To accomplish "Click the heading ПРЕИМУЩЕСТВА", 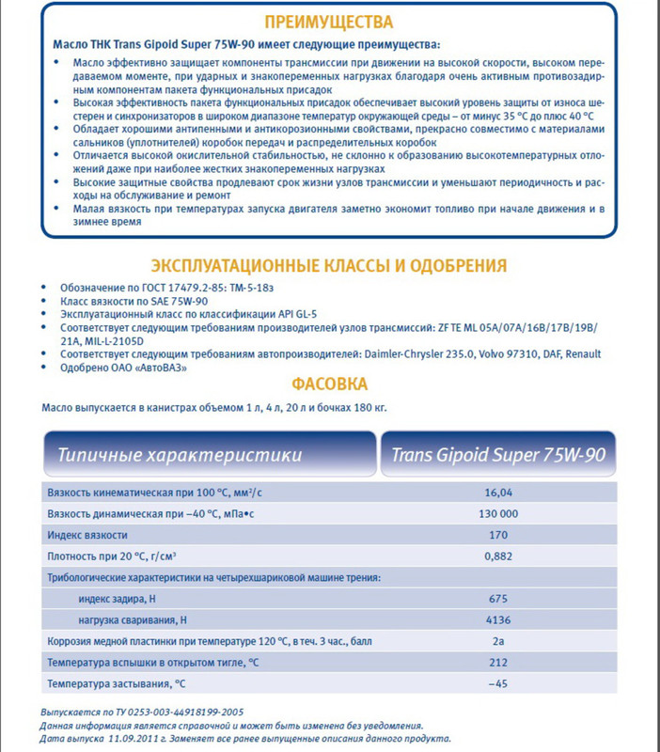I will click(329, 22).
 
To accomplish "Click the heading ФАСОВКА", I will click(329, 384).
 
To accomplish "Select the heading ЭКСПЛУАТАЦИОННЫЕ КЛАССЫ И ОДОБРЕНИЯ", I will click(329, 265).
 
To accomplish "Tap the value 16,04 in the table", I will click(498, 492).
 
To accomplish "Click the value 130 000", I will click(498, 513).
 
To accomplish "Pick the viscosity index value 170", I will click(498, 535).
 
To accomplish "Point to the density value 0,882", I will click(498, 556).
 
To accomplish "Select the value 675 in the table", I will click(498, 599).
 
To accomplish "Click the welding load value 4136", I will click(498, 620).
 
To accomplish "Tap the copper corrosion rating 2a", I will click(498, 642).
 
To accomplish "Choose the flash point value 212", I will click(498, 664).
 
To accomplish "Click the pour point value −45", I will click(498, 684).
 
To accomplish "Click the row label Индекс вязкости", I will click(87, 535).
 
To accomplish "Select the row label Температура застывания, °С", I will click(116, 684).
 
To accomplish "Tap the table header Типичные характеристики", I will click(179, 456).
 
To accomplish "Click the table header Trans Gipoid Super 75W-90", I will click(498, 456).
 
